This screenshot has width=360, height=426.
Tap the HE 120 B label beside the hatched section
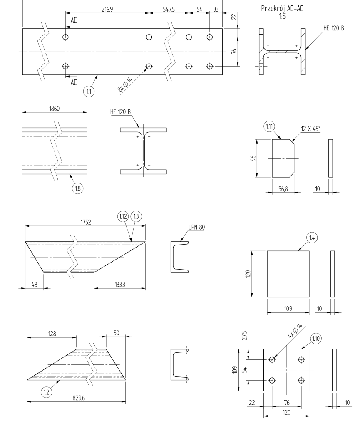[333, 28]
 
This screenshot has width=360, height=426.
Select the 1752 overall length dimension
[85, 222]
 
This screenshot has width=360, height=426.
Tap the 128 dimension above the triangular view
[52, 333]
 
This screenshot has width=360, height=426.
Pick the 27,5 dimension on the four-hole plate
[244, 335]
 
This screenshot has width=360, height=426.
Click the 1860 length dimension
[55, 108]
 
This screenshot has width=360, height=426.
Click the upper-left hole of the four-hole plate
[272, 359]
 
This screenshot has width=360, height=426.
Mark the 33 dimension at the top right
[216, 8]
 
